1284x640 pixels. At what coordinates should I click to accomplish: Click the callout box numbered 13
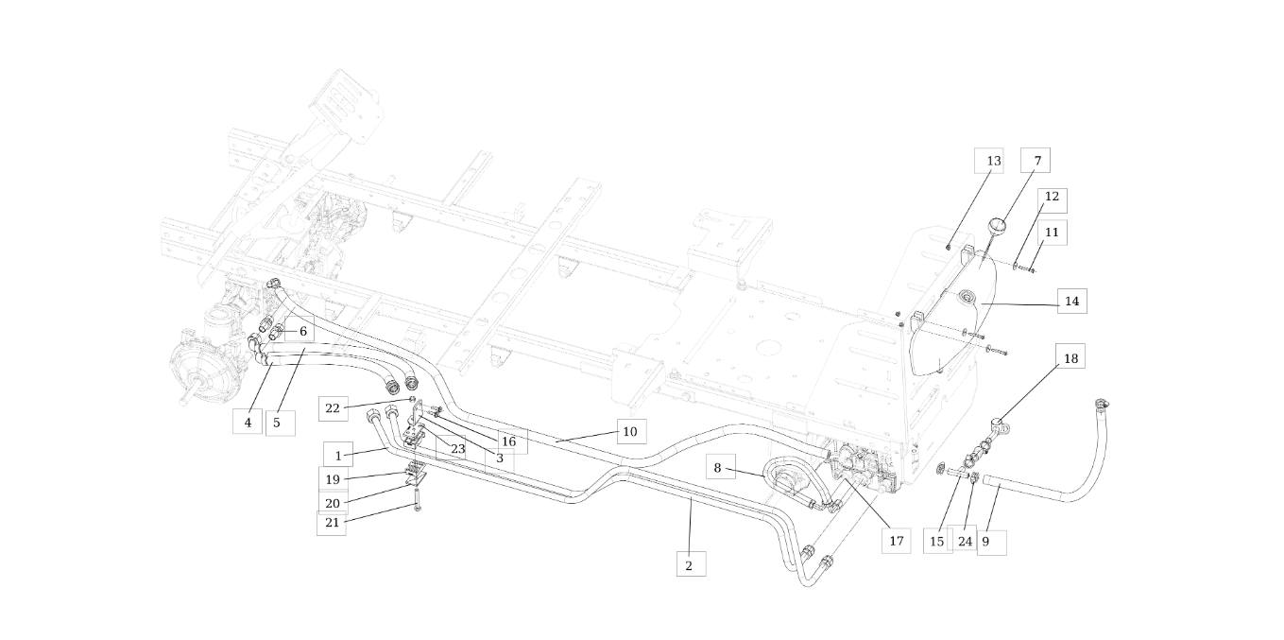click(993, 161)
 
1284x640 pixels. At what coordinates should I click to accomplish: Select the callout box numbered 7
click(1036, 161)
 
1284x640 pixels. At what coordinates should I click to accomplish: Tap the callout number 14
click(1071, 302)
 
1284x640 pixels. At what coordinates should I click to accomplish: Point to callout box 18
click(1070, 358)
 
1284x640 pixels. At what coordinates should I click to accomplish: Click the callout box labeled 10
click(630, 431)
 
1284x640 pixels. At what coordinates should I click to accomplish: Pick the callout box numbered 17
click(896, 541)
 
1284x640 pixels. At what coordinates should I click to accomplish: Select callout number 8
click(718, 467)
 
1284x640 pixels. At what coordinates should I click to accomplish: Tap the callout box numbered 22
click(333, 408)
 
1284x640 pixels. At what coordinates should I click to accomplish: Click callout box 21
click(332, 522)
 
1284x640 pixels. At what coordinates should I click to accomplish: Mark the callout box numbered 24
click(965, 542)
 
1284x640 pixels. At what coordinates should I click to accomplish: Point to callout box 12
click(1052, 200)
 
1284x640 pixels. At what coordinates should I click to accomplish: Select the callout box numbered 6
click(302, 331)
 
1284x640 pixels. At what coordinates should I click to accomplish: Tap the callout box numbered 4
click(248, 423)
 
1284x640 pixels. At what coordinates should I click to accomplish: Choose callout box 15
click(936, 542)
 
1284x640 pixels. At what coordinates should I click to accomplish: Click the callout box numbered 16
click(508, 441)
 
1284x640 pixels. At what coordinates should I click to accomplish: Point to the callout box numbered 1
click(338, 456)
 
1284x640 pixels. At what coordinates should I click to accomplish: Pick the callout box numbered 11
click(1052, 232)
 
